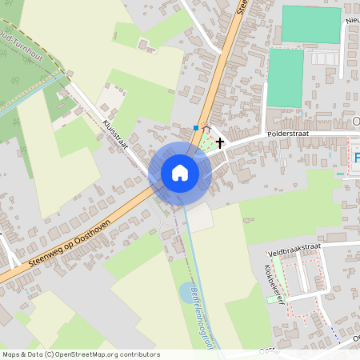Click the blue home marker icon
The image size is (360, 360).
click(x=180, y=172)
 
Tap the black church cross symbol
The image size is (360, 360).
click(x=219, y=142)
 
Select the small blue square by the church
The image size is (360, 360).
click(x=197, y=127)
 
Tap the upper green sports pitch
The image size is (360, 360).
click(x=311, y=24)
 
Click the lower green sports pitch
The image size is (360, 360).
click(x=285, y=77)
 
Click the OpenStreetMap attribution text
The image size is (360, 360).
click(x=80, y=354)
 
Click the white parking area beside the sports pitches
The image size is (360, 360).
click(x=323, y=58)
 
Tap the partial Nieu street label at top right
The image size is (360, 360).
click(x=352, y=17)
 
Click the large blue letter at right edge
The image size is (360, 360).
click(x=356, y=158)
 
